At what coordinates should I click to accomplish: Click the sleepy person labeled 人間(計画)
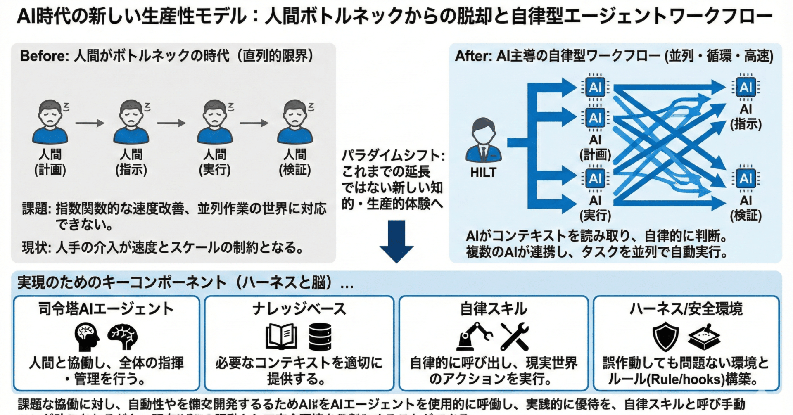50,122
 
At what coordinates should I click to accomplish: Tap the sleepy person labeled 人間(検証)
295,122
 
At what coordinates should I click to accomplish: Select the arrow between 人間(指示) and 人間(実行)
171,123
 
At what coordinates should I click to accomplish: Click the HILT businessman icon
483,140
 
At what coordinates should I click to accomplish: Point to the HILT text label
483,173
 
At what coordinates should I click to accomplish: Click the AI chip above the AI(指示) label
746,87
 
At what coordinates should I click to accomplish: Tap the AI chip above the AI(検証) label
746,179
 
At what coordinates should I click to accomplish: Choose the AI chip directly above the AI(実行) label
595,179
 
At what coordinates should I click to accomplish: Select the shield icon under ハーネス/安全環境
665,337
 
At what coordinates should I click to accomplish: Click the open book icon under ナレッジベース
281,337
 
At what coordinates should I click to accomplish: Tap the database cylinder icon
320,337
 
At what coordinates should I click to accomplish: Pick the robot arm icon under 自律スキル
474,337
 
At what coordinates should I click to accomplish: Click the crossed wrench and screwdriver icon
514,337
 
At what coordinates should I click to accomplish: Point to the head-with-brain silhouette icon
87,337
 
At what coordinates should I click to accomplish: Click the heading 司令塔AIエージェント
106,309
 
